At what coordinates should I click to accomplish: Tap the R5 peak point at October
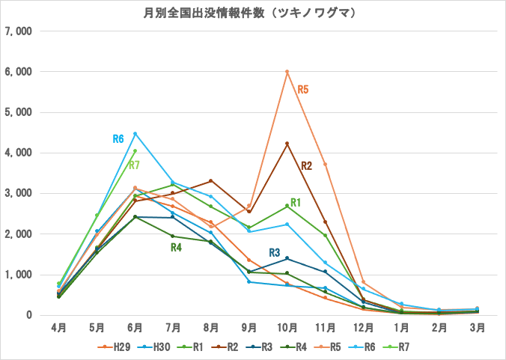pos(287,72)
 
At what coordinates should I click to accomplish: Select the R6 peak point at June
pos(135,134)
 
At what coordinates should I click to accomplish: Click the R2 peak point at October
pos(287,144)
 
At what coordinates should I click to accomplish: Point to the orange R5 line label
pos(303,89)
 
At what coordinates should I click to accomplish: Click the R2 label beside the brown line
pos(306,165)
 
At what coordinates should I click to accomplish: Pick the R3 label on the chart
pos(274,252)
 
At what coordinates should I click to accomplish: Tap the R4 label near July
pos(176,248)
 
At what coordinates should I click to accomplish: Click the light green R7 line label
pos(135,165)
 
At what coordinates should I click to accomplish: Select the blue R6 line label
pos(118,138)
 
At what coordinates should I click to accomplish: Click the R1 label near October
pos(296,202)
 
